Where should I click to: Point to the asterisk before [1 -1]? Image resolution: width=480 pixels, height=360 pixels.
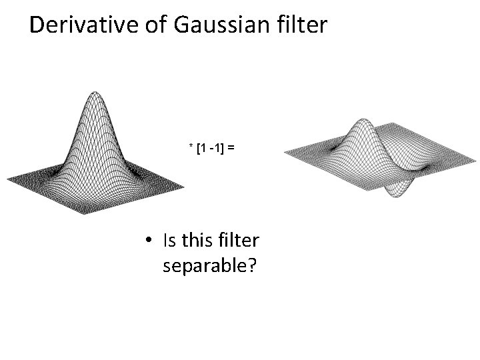point(191,146)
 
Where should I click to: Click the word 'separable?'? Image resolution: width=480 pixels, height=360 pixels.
point(210,266)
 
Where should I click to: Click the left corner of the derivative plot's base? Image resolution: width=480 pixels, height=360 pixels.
point(285,153)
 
